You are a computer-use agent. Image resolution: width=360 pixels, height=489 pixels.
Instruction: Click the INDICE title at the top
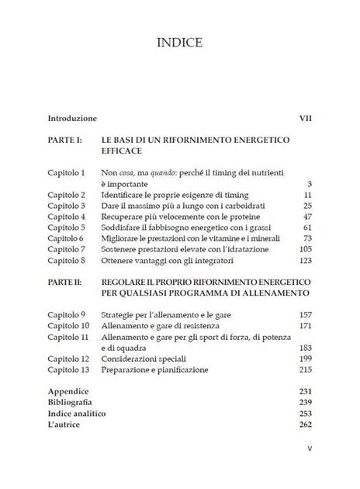(179, 43)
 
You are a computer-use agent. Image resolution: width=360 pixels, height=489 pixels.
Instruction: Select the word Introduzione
(72, 119)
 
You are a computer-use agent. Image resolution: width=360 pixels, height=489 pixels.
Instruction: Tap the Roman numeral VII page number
(305, 119)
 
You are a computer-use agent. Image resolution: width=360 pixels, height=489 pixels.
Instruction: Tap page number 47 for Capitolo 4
(306, 217)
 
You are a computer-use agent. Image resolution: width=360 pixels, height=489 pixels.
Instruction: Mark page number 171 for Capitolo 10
(304, 326)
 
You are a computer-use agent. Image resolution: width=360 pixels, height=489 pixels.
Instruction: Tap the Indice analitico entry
(77, 414)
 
